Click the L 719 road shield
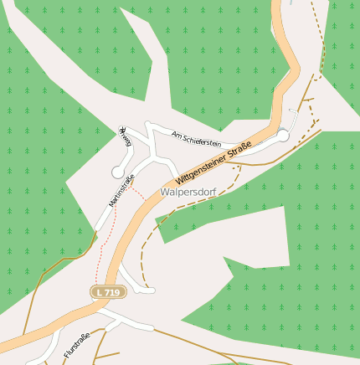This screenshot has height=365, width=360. [x=106, y=292]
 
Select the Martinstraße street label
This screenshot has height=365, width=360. [x=121, y=192]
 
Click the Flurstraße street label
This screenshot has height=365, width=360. [x=76, y=346]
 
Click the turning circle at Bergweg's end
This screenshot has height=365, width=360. [x=117, y=172]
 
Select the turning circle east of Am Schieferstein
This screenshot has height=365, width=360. [x=283, y=136]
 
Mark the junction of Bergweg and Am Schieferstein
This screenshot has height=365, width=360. [x=147, y=126]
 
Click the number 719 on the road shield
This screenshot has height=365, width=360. [x=111, y=292]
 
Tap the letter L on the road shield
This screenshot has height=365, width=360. [x=100, y=292]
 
